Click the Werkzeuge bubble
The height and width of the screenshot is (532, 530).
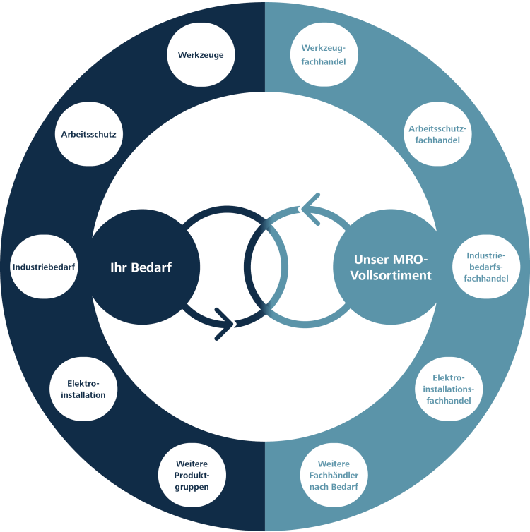point(201,54)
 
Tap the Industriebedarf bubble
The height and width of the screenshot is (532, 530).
point(44,267)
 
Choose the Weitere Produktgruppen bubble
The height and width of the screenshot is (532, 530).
point(193,474)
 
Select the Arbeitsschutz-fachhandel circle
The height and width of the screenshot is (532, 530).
point(439,133)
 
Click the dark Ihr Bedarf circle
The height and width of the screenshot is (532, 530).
point(141,267)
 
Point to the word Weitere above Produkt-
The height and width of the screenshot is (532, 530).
point(193,463)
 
